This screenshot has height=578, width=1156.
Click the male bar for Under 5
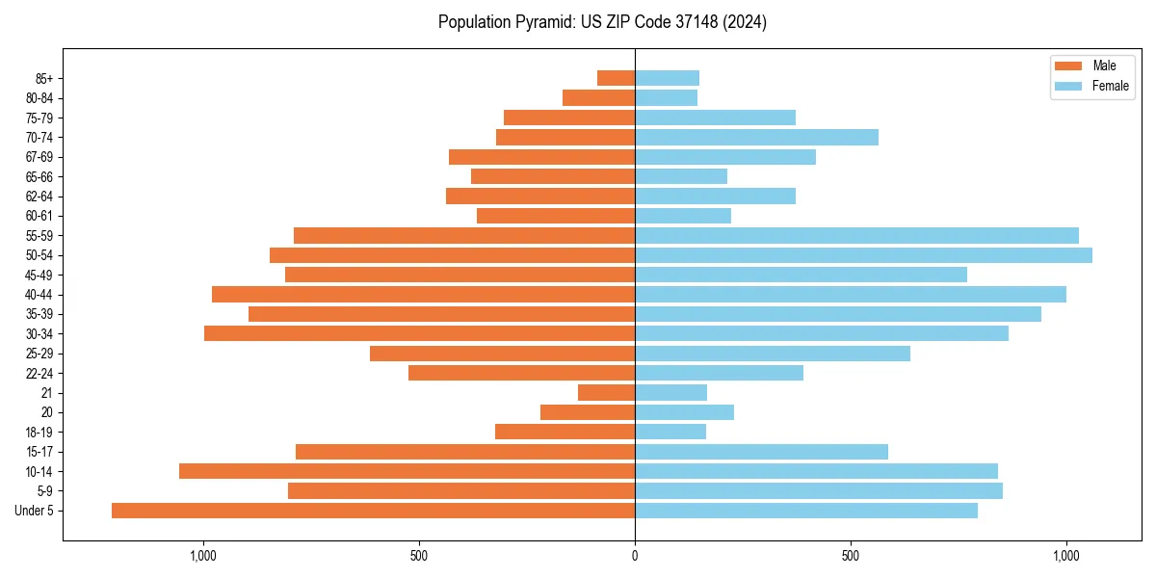[373, 511]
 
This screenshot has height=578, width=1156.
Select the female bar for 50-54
[863, 255]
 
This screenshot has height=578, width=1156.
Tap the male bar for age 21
[606, 393]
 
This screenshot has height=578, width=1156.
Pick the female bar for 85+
[667, 78]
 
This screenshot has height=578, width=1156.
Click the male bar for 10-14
[407, 471]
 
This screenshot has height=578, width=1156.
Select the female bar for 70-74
[756, 137]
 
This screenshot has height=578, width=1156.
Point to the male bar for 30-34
[419, 333]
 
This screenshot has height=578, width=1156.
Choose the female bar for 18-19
[670, 432]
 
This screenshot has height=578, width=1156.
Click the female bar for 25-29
[773, 354]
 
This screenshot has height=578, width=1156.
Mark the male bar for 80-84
[598, 97]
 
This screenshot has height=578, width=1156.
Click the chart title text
[602, 22]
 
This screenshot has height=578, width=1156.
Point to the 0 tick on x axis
[635, 556]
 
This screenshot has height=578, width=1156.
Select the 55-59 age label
[39, 236]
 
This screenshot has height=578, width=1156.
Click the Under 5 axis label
[35, 511]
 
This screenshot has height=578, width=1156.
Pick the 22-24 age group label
[39, 374]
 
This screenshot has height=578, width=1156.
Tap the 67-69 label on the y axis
[39, 157]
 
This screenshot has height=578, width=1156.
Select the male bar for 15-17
[465, 452]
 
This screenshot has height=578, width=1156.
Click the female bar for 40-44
[851, 295]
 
